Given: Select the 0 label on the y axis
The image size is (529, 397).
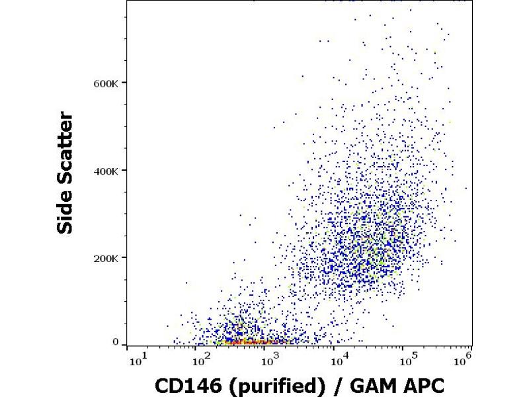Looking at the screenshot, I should [115, 342].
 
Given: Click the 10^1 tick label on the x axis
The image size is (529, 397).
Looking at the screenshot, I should [139, 361].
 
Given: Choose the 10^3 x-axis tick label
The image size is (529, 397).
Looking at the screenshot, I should [270, 361].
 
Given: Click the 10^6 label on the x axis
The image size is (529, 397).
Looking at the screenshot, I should [464, 361].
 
